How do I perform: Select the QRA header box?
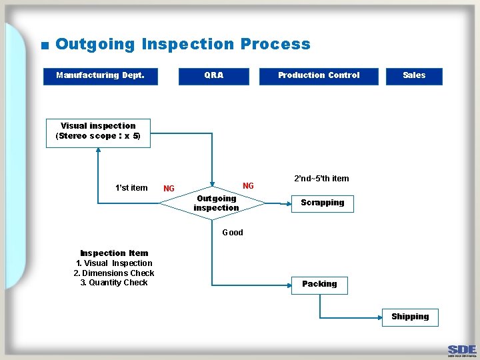click(x=213, y=76)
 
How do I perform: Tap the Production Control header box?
click(x=318, y=76)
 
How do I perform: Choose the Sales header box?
click(x=413, y=76)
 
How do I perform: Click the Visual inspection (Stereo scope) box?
click(x=98, y=131)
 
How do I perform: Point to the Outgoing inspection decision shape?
click(x=216, y=203)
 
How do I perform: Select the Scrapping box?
click(x=322, y=203)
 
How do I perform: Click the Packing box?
click(x=319, y=284)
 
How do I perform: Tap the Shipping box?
click(x=410, y=317)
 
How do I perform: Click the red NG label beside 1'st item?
click(x=169, y=189)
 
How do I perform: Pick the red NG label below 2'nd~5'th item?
click(x=248, y=186)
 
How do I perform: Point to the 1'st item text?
click(x=131, y=188)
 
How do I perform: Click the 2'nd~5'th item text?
click(x=321, y=179)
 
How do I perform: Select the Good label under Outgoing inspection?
click(x=232, y=233)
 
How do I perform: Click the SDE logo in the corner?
click(x=462, y=350)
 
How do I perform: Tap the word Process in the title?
click(x=275, y=45)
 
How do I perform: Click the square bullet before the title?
click(x=45, y=46)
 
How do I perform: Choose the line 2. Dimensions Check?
click(x=114, y=273)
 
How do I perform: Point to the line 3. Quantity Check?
click(x=114, y=283)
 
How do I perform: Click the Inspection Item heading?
click(x=114, y=253)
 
